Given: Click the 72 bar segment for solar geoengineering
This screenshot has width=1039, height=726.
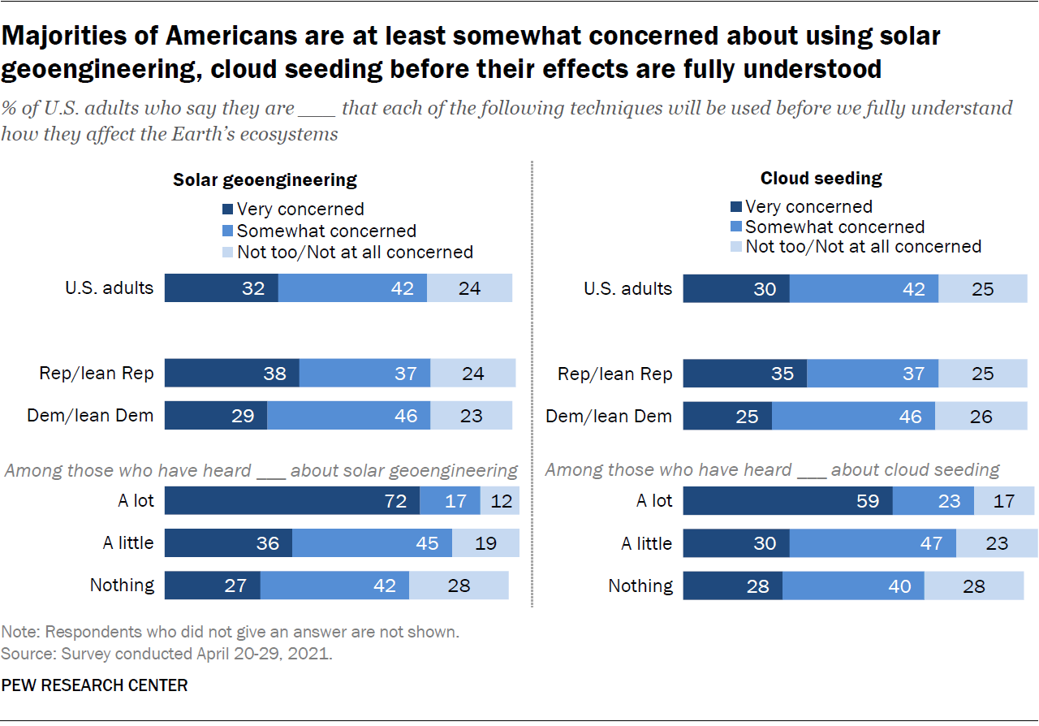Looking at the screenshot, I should [292, 501].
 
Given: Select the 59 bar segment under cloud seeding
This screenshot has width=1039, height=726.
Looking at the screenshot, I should [787, 501].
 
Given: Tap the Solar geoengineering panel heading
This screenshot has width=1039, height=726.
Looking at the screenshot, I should [265, 179].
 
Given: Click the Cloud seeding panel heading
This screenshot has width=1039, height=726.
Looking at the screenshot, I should [821, 178].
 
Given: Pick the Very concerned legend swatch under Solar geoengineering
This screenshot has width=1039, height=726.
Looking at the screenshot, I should [228, 210].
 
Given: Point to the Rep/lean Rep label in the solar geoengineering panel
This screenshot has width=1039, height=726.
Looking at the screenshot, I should [97, 374].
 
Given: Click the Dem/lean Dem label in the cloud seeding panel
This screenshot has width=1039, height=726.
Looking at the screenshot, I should [609, 417].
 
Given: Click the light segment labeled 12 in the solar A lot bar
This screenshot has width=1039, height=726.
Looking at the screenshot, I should [500, 501].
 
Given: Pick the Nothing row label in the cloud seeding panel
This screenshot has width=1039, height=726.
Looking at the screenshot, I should [640, 586].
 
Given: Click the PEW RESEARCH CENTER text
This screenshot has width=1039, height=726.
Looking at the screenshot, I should [94, 685].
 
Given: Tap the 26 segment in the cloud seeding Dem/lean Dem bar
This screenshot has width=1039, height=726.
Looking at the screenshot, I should [981, 417].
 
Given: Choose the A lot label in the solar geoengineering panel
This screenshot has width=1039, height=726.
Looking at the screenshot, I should [135, 501].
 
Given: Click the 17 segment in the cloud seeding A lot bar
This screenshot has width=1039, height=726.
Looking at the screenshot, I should [1004, 501].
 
